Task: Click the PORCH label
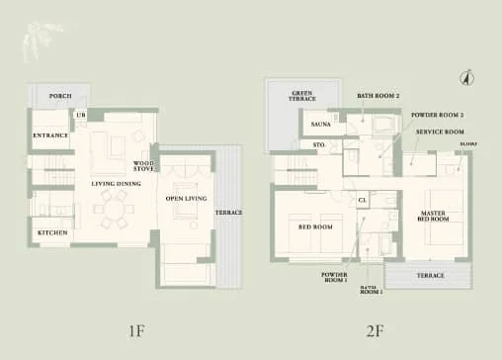click(x=60, y=97)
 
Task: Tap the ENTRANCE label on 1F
click(x=49, y=135)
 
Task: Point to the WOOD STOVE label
click(x=144, y=166)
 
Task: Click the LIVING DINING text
click(x=116, y=184)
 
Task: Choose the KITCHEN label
click(x=52, y=233)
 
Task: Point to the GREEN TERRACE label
click(x=302, y=97)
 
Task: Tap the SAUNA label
click(x=320, y=126)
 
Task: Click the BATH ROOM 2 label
click(x=377, y=96)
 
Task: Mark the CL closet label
click(x=363, y=201)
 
